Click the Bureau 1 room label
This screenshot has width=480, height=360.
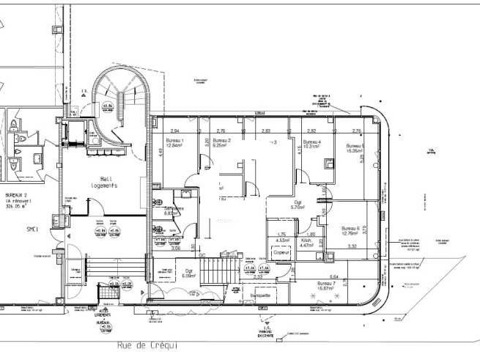pos(175,142)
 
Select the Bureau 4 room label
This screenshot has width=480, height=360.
pos(312,143)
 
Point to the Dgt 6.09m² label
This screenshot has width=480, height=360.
pos(188,273)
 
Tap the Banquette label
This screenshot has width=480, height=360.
pos(260,295)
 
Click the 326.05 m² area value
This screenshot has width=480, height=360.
pos(14,207)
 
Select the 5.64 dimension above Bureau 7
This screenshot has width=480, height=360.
pos(333,276)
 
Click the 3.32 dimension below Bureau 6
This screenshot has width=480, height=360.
pos(352,246)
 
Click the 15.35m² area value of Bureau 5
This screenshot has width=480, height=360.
pos(355,151)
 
